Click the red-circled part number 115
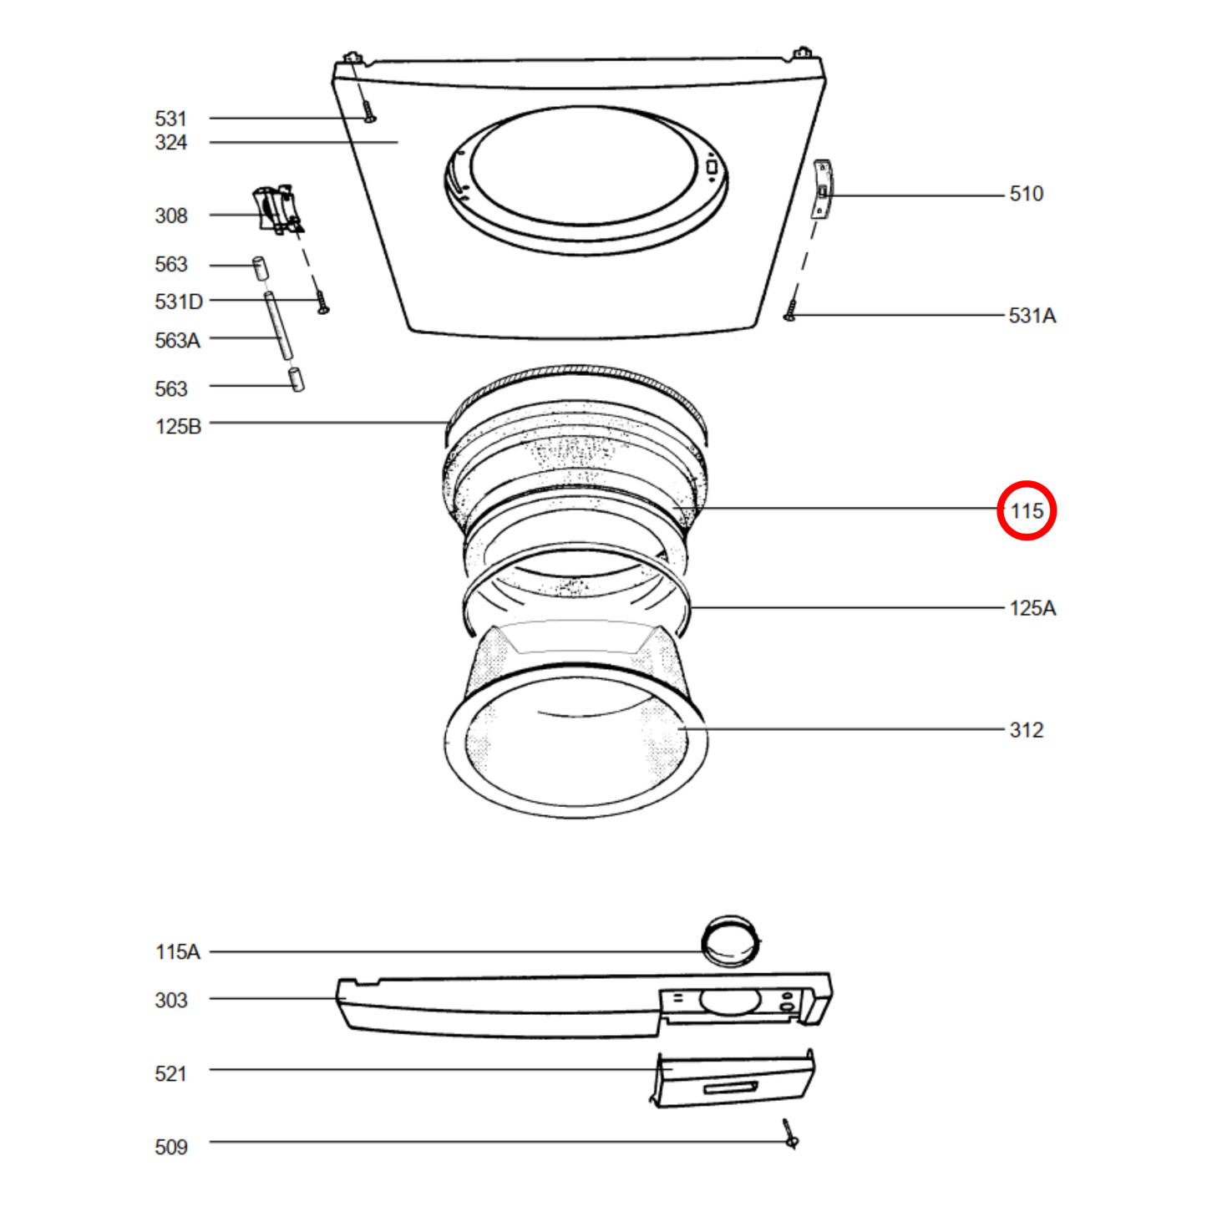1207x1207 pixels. point(1027,510)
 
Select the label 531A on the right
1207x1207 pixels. point(1032,316)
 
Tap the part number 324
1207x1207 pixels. point(170,143)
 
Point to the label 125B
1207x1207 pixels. point(178,427)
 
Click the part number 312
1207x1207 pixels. point(1026,730)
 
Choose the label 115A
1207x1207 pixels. point(177,952)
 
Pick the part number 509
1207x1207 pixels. point(170,1148)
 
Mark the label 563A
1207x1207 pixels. point(177,341)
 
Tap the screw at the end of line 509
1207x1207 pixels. point(790,1135)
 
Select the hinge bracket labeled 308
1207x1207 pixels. point(276,209)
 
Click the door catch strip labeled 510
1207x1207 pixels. point(822,190)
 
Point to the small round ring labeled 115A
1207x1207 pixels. point(731,941)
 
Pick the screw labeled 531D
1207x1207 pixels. point(322,302)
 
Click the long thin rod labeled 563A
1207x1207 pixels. point(277,326)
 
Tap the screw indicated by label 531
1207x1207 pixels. point(368,111)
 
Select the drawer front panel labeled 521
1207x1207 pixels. point(733,1080)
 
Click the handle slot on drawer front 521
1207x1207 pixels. point(731,1088)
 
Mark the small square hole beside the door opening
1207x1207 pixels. point(712,167)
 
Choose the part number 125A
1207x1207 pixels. point(1032,608)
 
